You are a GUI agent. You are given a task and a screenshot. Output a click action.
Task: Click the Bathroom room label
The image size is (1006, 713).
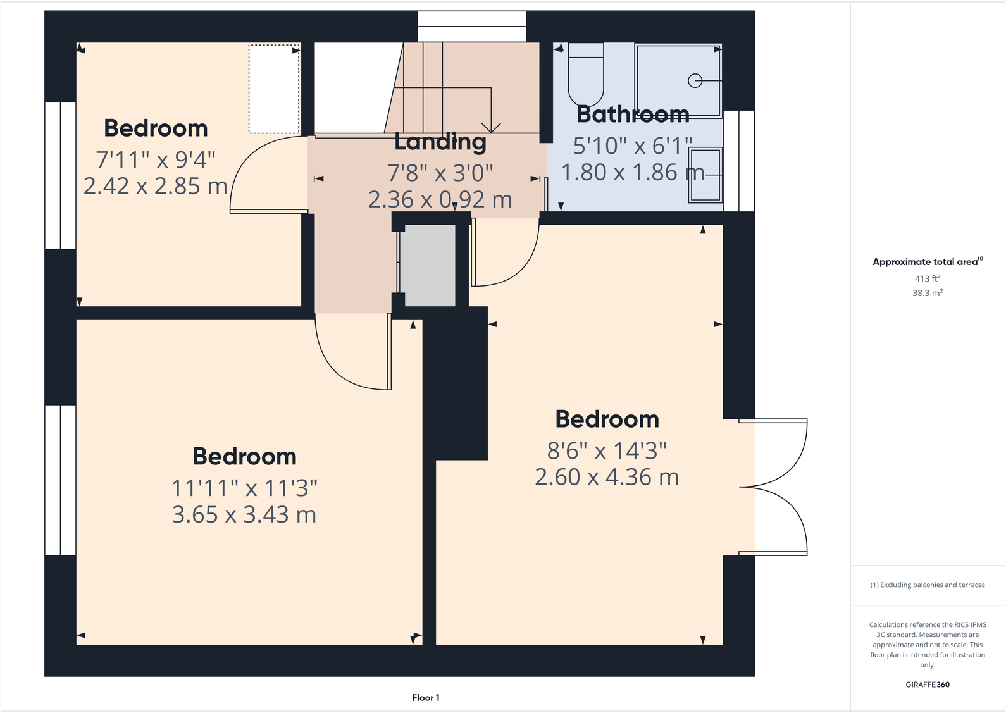tap(633, 115)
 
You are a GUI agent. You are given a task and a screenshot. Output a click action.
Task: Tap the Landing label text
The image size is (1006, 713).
tap(440, 142)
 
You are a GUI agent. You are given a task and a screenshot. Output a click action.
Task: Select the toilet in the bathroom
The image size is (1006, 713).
tap(586, 75)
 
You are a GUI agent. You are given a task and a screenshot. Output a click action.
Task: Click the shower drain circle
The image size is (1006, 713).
tap(695, 81)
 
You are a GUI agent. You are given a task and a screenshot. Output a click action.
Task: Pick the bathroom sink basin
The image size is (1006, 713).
tap(705, 175)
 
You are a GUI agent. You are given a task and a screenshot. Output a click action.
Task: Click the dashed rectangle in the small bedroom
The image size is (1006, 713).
tap(274, 89)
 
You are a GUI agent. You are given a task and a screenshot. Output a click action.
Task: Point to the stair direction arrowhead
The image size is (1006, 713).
tap(492, 128)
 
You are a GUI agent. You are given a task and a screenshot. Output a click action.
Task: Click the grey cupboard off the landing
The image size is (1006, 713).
tap(430, 266)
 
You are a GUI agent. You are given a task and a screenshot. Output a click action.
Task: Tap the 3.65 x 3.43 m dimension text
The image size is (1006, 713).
tap(244, 515)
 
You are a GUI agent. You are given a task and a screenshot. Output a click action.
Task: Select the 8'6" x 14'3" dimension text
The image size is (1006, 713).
tap(607, 451)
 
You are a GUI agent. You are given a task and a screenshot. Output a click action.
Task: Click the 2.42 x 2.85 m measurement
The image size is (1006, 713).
tap(156, 186)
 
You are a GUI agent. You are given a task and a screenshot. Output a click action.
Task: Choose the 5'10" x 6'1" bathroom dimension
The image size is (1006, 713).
tap(633, 146)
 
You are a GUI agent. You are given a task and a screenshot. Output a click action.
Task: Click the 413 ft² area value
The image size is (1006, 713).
tap(927, 278)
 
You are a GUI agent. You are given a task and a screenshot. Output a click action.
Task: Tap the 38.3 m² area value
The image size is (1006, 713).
tap(927, 293)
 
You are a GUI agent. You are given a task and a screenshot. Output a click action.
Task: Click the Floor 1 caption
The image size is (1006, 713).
tap(425, 698)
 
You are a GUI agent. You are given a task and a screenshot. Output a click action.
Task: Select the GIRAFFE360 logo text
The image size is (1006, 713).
tap(927, 685)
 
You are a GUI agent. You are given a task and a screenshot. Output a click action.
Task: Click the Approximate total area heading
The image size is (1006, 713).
tap(925, 262)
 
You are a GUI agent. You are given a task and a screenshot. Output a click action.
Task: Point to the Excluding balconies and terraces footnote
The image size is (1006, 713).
tap(927, 585)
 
